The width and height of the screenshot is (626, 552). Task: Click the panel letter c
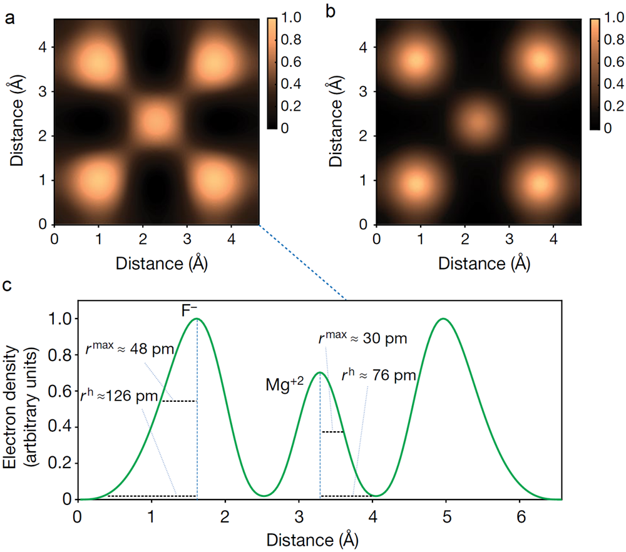coord(8,287)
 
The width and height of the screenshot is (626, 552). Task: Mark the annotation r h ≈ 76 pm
coord(379,377)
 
